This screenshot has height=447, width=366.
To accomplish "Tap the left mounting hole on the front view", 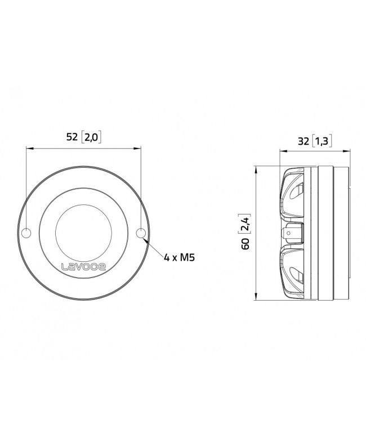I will pyautogui.click(x=26, y=233).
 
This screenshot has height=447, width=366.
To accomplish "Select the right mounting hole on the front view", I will pyautogui.click(x=141, y=233).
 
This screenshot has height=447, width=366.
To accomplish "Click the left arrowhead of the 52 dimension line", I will pyautogui.click(x=28, y=149).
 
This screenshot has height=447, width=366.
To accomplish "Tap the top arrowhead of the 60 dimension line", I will pyautogui.click(x=256, y=168).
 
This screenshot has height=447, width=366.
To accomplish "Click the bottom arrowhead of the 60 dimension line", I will pyautogui.click(x=256, y=298).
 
